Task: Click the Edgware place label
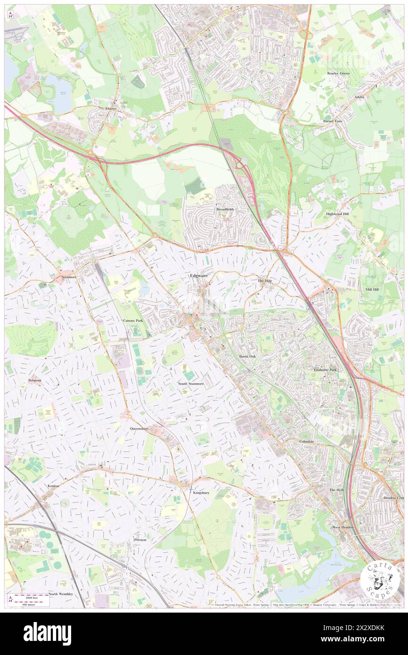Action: pyautogui.click(x=198, y=275)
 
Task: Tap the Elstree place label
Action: pyautogui.click(x=111, y=108)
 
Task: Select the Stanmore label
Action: pyautogui.click(x=68, y=277)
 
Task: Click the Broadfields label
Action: pyautogui.click(x=225, y=209)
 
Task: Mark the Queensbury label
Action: pyautogui.click(x=139, y=429)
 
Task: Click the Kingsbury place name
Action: pyautogui.click(x=201, y=492)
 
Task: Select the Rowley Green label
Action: pyautogui.click(x=338, y=74)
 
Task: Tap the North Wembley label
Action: pyautogui.click(x=60, y=594)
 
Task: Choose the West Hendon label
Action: pyautogui.click(x=343, y=527)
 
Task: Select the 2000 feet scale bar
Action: pyautogui.click(x=29, y=596)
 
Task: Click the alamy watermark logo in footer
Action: pyautogui.click(x=47, y=633)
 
